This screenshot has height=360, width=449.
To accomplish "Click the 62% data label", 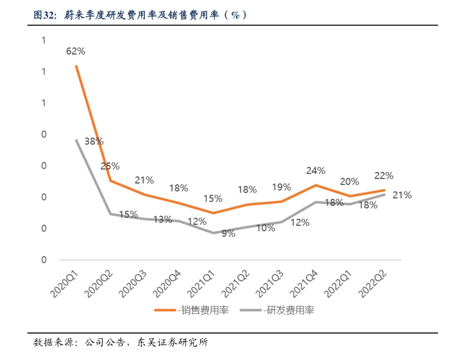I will click(x=76, y=51).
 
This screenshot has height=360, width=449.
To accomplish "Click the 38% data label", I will click(x=94, y=141).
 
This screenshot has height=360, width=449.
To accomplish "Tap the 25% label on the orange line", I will click(x=110, y=166).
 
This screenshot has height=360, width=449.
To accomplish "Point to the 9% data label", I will click(x=228, y=234).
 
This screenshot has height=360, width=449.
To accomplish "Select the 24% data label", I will click(x=316, y=171).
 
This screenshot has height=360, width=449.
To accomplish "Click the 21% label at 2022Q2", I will click(x=402, y=195).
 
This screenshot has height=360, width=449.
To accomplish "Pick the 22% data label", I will click(x=384, y=176).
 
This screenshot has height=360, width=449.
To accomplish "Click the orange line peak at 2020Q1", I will click(x=76, y=66).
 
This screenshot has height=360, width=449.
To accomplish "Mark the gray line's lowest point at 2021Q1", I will click(x=213, y=233).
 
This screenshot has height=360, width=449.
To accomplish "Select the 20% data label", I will click(x=350, y=182).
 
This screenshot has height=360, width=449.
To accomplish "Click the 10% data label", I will click(x=266, y=227).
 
